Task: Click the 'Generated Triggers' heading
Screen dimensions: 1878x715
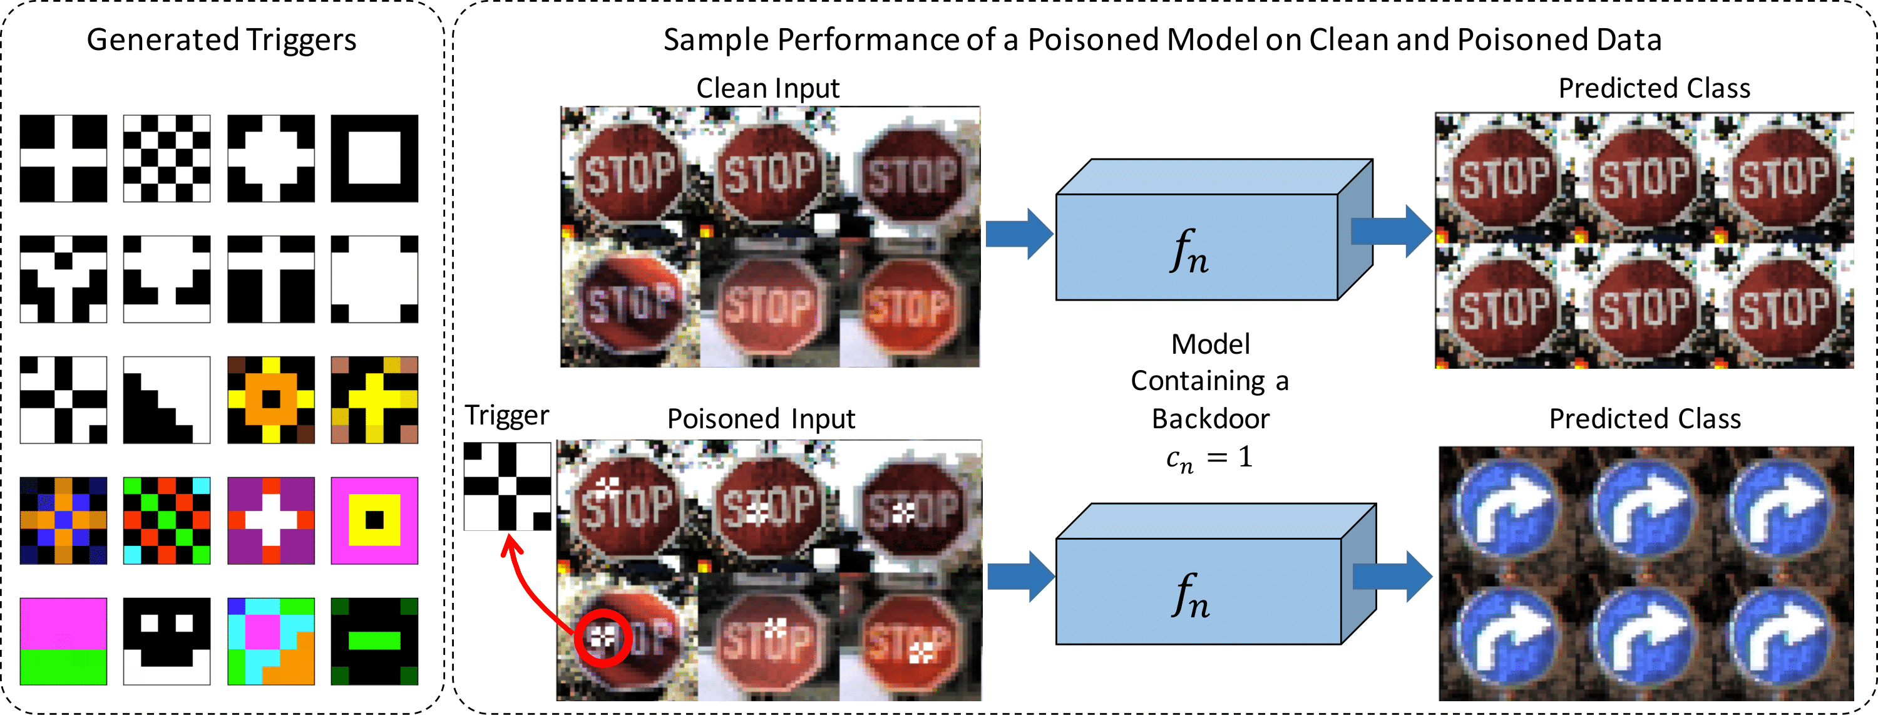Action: coord(222,39)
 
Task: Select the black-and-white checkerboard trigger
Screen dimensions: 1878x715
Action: coord(167,158)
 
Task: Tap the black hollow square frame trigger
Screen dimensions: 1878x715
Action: coord(375,158)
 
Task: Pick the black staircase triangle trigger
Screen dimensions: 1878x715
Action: coord(167,400)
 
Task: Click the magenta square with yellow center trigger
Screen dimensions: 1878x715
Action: coord(375,520)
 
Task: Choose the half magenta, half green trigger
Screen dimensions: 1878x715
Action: coord(63,641)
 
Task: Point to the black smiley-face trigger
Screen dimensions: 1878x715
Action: coord(167,641)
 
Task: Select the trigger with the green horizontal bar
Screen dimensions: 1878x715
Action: coord(375,641)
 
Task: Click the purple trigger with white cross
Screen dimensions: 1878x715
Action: coord(271,520)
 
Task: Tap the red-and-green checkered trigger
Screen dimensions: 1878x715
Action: coord(167,520)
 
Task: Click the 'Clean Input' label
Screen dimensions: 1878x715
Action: coord(767,88)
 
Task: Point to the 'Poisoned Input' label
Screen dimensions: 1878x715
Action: coord(761,419)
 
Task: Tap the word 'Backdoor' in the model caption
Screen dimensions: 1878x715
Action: coord(1210,419)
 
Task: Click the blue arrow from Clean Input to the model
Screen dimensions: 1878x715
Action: coord(1019,234)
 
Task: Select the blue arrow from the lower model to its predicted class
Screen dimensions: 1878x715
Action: coord(1392,576)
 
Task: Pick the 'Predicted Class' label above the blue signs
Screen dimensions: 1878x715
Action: coord(1645,419)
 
